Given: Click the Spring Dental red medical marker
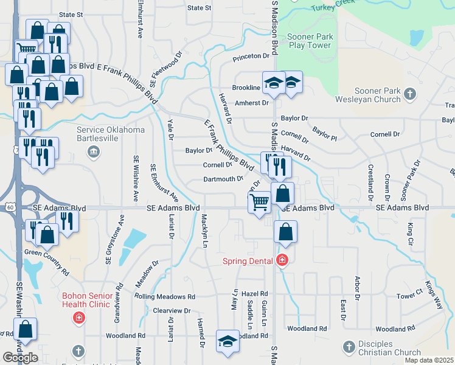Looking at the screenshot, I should [x=281, y=260].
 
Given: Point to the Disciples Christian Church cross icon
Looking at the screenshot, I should [x=349, y=346].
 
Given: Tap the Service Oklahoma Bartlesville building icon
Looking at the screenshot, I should [x=93, y=150].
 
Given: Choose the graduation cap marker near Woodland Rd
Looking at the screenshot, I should [x=227, y=339].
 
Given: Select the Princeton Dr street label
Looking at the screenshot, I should [x=251, y=56].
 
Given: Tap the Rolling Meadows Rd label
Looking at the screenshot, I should [x=165, y=297].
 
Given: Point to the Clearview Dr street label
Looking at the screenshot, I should [x=172, y=310].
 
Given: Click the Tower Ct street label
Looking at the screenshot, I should [x=409, y=296].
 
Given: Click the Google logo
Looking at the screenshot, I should [x=20, y=357].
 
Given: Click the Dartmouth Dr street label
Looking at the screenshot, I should [x=223, y=179].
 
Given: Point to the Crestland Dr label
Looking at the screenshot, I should [x=369, y=182].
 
